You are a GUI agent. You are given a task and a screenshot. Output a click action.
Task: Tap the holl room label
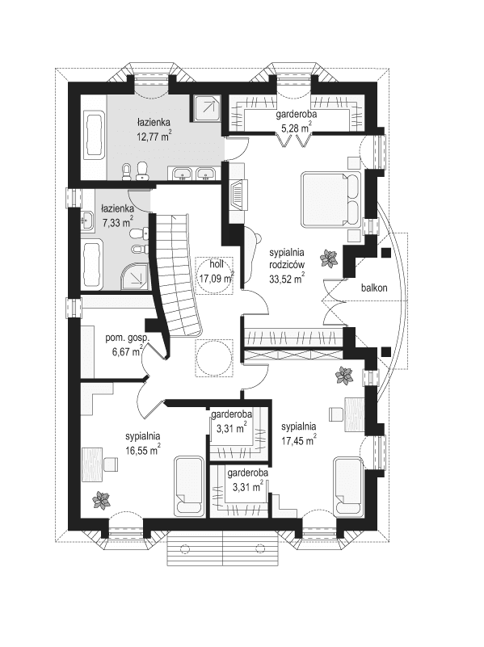click(216, 263)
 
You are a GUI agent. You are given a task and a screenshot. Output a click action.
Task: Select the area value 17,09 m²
click(216, 280)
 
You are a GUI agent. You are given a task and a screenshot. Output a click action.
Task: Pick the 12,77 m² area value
click(154, 137)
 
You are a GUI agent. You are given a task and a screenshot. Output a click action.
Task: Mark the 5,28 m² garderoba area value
click(295, 127)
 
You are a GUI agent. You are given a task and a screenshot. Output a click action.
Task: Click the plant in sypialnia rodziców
click(328, 258)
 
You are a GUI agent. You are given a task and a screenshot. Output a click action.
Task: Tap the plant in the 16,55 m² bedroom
click(100, 500)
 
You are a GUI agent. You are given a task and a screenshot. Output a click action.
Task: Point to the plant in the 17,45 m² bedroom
click(345, 376)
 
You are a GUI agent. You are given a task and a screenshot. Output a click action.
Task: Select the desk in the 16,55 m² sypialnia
click(98, 466)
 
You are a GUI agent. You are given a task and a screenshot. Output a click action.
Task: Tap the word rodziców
click(286, 265)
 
